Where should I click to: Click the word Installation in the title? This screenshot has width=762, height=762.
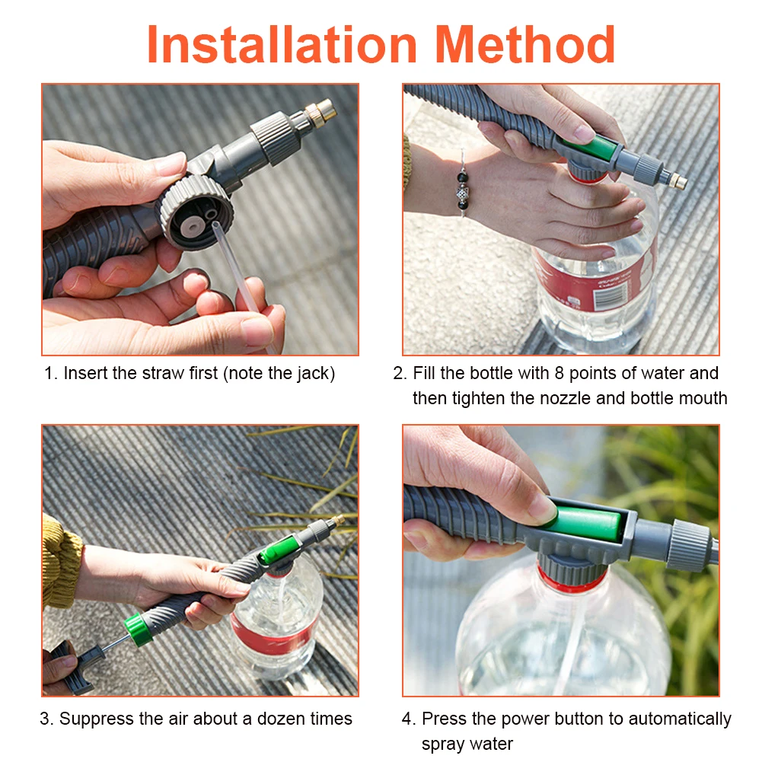282,44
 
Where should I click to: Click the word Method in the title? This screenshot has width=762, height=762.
524,44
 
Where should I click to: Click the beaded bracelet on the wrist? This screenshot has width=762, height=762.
462,187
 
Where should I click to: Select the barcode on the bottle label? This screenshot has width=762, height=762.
611,294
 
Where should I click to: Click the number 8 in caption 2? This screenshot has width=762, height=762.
560,373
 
